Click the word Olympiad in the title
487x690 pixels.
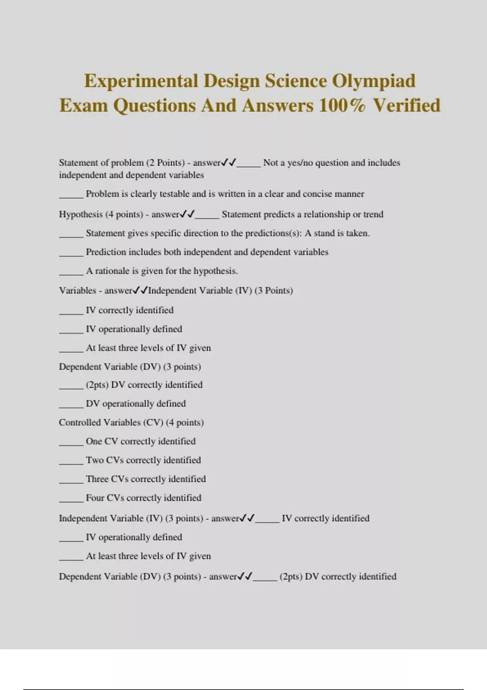pyautogui.click(x=374, y=81)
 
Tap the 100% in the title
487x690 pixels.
pyautogui.click(x=342, y=106)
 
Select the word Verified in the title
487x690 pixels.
pyautogui.click(x=407, y=106)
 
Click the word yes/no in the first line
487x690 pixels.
pyautogui.click(x=300, y=163)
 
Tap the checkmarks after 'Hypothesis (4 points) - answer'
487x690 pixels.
pyautogui.click(x=187, y=214)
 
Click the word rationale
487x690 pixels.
pyautogui.click(x=112, y=271)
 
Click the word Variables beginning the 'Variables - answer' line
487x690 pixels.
pyautogui.click(x=78, y=291)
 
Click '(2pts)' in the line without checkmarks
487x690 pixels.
pyautogui.click(x=97, y=385)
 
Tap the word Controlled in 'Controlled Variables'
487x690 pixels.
pyautogui.click(x=79, y=423)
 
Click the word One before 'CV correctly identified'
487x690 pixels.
pyautogui.click(x=94, y=441)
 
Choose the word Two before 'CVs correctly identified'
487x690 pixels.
pyautogui.click(x=95, y=460)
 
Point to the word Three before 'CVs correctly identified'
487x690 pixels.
pyautogui.click(x=97, y=479)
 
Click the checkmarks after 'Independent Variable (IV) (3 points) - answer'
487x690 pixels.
pyautogui.click(x=247, y=518)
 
